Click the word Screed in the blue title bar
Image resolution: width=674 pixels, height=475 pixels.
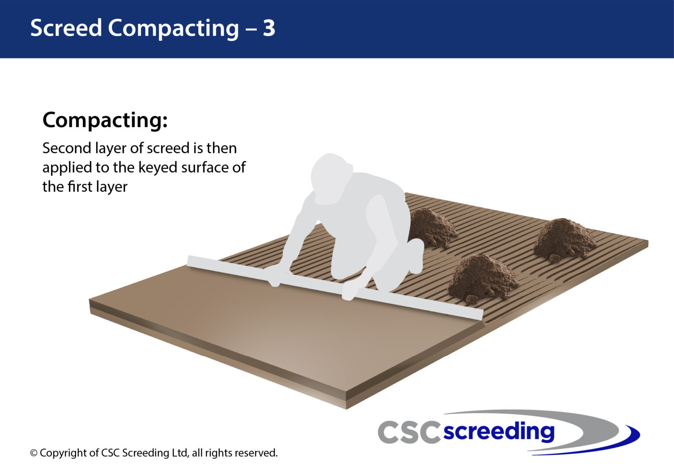point(66,28)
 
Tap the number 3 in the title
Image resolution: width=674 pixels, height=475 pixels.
point(269,28)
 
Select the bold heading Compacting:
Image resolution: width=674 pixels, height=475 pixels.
point(105,120)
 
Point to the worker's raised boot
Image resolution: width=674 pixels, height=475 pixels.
point(416,254)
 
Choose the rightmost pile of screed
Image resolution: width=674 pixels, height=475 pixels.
point(564,239)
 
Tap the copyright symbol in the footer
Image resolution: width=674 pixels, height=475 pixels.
point(34,453)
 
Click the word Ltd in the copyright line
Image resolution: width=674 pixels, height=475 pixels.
point(179,453)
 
